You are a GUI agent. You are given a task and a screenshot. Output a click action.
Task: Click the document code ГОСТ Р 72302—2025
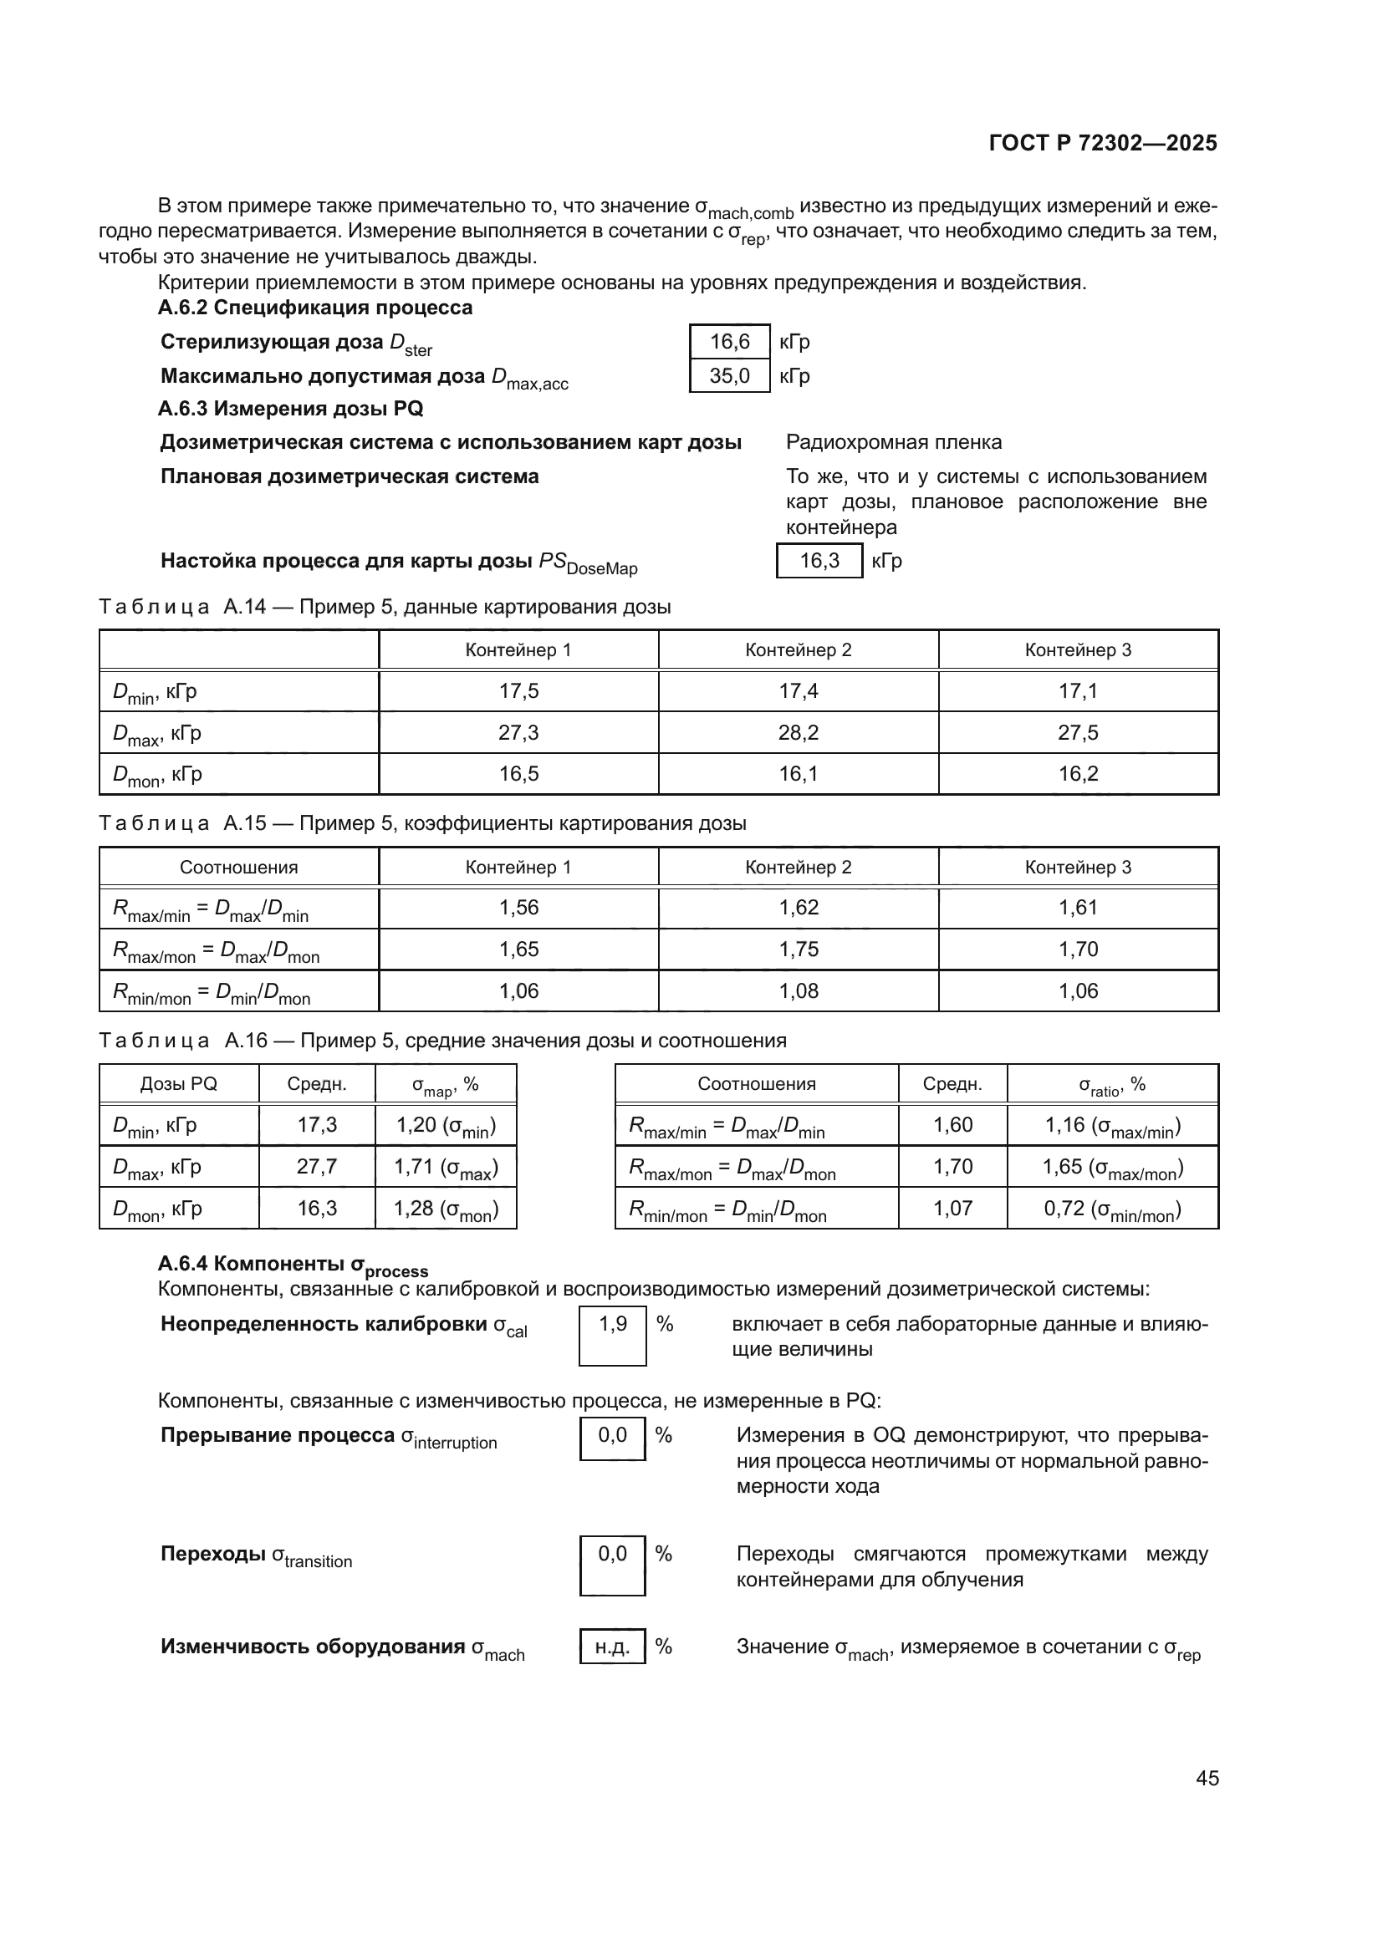(1102, 143)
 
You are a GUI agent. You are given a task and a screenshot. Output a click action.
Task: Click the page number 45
(1207, 1778)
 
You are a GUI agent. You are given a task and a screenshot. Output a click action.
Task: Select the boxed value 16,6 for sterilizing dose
(729, 342)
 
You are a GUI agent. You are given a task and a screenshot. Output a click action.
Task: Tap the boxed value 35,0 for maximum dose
(729, 375)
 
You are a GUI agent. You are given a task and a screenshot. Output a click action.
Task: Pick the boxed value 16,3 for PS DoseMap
(819, 560)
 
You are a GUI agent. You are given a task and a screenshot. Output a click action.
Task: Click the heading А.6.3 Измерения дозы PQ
(290, 409)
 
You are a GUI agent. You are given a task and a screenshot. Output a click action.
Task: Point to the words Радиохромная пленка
(893, 442)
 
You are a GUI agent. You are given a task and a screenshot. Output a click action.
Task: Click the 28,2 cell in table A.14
(798, 732)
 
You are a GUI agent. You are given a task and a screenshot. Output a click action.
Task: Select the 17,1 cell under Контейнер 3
(1077, 690)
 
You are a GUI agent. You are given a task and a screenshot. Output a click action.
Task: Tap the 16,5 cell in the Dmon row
(518, 773)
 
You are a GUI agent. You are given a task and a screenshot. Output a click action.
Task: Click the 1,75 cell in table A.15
(798, 949)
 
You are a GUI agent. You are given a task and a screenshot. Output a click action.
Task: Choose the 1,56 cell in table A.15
(518, 907)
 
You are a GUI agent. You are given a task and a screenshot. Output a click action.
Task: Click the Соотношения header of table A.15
(238, 867)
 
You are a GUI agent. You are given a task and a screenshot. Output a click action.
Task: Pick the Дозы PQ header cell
(179, 1083)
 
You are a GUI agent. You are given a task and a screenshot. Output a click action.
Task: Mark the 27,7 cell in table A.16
(316, 1166)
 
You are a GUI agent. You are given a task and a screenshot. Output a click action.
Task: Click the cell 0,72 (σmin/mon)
(1111, 1209)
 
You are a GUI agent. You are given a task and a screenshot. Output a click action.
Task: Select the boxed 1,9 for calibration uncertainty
(612, 1323)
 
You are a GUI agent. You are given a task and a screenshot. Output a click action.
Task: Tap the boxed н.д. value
(612, 1647)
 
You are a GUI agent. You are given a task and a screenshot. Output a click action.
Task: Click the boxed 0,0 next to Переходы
(612, 1554)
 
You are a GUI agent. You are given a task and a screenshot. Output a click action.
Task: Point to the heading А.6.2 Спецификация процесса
(314, 308)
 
